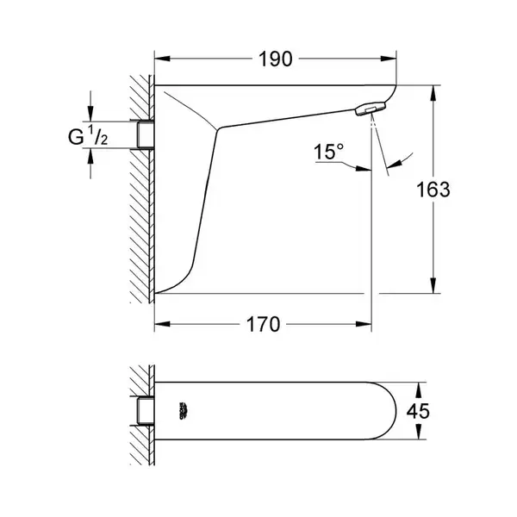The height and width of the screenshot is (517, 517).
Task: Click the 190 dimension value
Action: [x=276, y=59]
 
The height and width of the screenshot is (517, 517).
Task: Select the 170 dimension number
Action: [x=263, y=325]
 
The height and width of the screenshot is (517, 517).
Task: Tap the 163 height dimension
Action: [x=433, y=190]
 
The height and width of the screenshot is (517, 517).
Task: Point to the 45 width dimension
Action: [x=418, y=411]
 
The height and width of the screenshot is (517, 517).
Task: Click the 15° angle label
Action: [x=328, y=152]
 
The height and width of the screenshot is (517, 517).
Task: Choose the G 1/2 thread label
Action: [x=88, y=135]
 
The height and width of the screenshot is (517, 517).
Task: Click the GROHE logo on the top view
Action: [x=183, y=411]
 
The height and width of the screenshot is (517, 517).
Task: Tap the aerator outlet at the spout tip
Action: [x=371, y=109]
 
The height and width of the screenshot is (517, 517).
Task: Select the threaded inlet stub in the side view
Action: [x=146, y=134]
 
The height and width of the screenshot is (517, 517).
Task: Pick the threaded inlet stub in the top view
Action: [x=146, y=411]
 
